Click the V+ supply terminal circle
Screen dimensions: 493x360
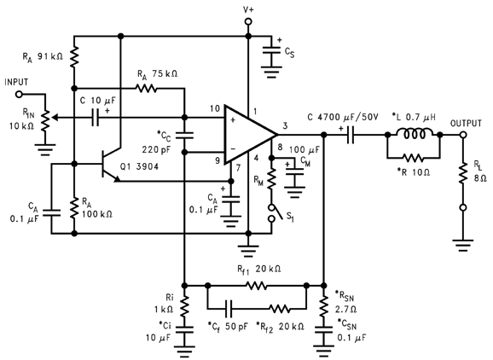click(248, 21)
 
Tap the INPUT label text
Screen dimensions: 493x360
click(16, 83)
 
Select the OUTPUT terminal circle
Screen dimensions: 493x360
click(463, 135)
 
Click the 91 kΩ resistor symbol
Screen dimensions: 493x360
click(74, 56)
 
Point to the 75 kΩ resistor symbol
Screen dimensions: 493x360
click(146, 89)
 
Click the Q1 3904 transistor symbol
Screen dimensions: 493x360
click(109, 164)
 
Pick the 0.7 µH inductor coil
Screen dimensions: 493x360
click(415, 133)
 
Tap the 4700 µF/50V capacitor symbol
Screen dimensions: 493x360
click(351, 135)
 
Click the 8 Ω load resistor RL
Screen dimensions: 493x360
click(463, 173)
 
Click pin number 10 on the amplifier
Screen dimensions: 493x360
click(215, 109)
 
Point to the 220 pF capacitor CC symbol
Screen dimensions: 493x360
click(184, 135)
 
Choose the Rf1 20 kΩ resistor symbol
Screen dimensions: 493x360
click(257, 286)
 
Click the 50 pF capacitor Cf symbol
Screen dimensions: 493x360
click(229, 309)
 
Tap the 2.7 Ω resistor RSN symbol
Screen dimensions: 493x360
click(323, 307)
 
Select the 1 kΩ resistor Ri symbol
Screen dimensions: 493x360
click(184, 305)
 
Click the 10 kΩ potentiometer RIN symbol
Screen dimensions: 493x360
click(45, 120)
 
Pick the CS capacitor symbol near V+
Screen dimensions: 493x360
click(271, 51)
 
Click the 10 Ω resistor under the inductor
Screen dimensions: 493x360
click(414, 158)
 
